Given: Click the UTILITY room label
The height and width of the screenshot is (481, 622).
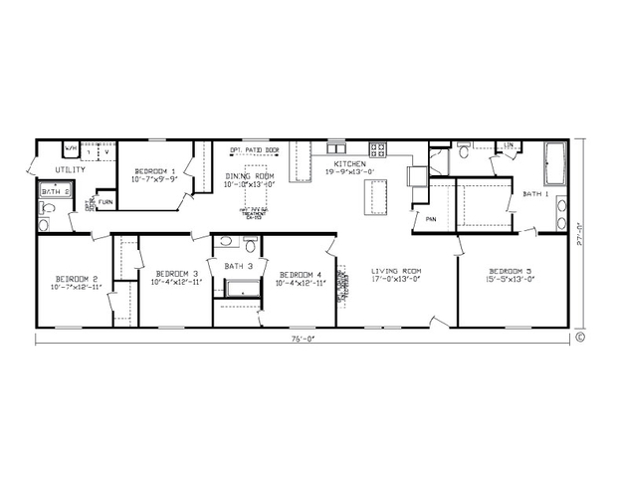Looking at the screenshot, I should point(70,170).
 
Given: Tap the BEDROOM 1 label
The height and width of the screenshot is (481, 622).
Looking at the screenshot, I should point(154,171).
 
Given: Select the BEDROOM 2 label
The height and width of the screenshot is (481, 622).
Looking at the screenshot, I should point(76,278).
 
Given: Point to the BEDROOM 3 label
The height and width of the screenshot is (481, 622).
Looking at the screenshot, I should point(176,274).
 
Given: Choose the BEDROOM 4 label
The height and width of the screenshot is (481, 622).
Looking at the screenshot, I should point(300,275).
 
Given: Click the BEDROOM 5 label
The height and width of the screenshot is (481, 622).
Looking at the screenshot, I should point(510,271).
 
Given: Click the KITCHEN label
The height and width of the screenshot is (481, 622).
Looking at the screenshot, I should point(349,163).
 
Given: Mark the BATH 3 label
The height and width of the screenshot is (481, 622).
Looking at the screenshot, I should point(238,266).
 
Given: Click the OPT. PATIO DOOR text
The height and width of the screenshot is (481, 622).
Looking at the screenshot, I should point(254,149).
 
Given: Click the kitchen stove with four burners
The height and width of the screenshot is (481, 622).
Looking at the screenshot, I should point(379,150).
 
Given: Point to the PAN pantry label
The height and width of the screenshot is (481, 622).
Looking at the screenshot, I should point(432,219).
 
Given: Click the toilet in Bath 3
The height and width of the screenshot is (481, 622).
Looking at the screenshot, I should point(250,243).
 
